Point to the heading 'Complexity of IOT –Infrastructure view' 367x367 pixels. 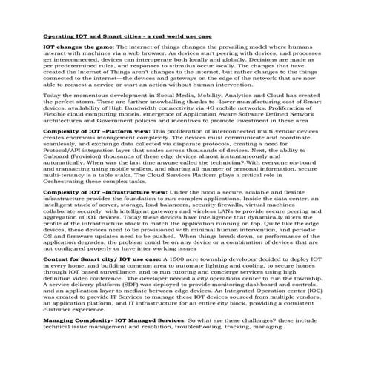(x=105, y=191)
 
